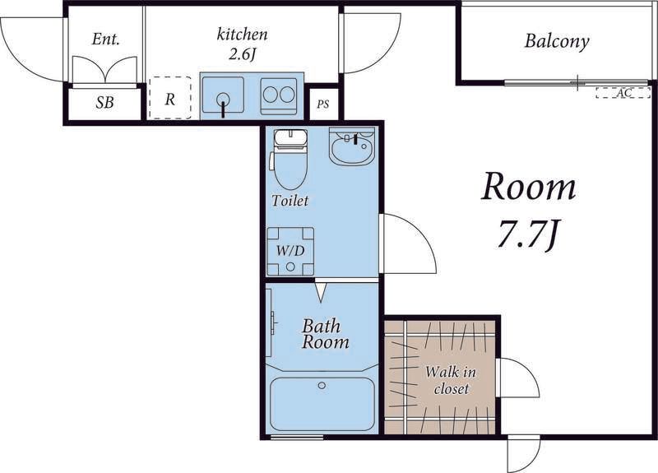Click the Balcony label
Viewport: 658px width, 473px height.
(557, 42)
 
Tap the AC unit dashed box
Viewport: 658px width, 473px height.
(623, 93)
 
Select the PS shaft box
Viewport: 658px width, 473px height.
(322, 104)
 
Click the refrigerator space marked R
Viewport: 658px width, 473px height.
(170, 98)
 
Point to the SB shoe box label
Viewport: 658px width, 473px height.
(104, 102)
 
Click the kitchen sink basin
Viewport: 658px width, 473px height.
(222, 95)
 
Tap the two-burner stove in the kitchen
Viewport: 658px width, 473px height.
(278, 96)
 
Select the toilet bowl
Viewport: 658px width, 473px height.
(290, 160)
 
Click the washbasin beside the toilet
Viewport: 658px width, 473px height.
(352, 146)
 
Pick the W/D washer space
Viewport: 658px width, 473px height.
(290, 252)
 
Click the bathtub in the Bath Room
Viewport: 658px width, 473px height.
(322, 404)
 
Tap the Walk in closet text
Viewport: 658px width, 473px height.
(451, 380)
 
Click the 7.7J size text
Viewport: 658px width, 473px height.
(528, 235)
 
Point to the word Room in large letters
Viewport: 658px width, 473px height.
(529, 188)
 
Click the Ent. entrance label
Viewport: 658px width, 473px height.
(106, 39)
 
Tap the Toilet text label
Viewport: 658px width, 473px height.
(290, 201)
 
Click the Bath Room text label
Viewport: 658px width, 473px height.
(325, 334)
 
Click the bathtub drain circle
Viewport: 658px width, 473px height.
(322, 385)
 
